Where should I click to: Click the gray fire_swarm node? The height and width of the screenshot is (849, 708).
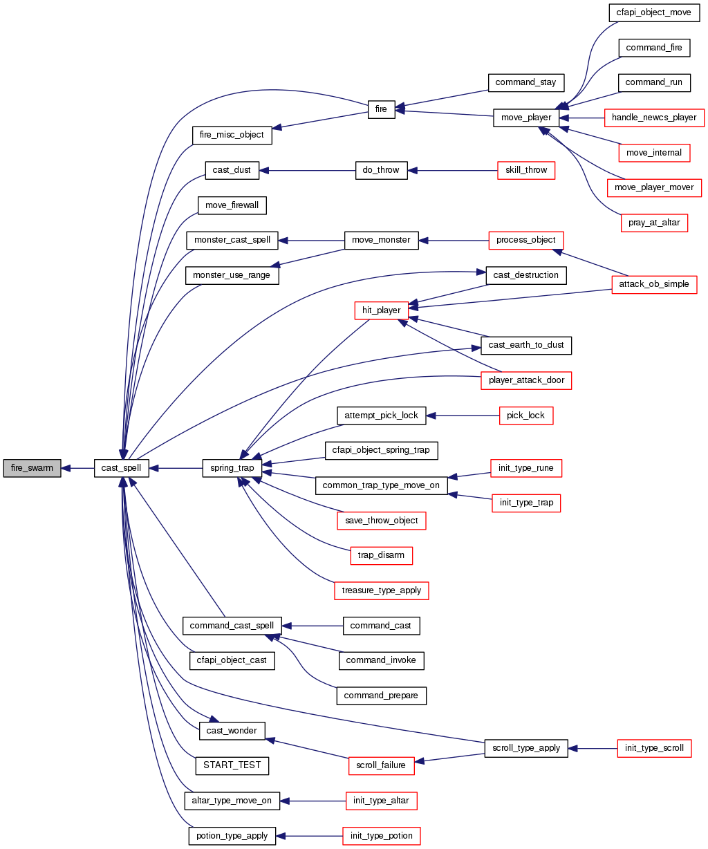click(x=32, y=468)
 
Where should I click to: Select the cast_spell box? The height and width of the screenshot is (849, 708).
click(x=122, y=468)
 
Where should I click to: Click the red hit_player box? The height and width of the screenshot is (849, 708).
click(x=381, y=310)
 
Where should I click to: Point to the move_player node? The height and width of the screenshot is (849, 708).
click(x=526, y=118)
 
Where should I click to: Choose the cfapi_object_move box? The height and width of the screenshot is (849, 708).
click(x=649, y=12)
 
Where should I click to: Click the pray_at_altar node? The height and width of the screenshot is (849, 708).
click(x=654, y=223)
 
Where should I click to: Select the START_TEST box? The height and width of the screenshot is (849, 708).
click(x=232, y=765)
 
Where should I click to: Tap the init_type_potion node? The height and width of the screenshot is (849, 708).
click(x=381, y=836)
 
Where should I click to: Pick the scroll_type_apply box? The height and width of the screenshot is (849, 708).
click(x=526, y=748)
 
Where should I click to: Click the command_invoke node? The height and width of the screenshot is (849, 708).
click(x=381, y=660)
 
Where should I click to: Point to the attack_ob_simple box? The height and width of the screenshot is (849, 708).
click(x=654, y=284)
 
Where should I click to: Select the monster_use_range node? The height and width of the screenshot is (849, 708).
click(x=232, y=275)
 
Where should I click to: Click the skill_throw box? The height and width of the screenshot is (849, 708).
click(x=526, y=170)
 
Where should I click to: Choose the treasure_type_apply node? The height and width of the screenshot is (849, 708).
click(x=381, y=590)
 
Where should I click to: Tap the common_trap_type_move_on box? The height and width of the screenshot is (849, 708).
click(x=381, y=485)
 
